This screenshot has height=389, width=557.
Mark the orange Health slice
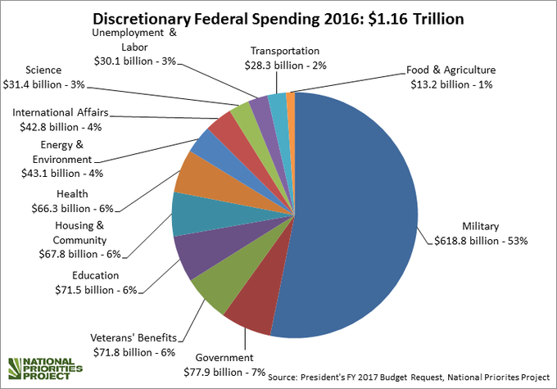[x=194, y=174]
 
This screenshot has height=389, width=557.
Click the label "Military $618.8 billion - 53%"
[x=478, y=233]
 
